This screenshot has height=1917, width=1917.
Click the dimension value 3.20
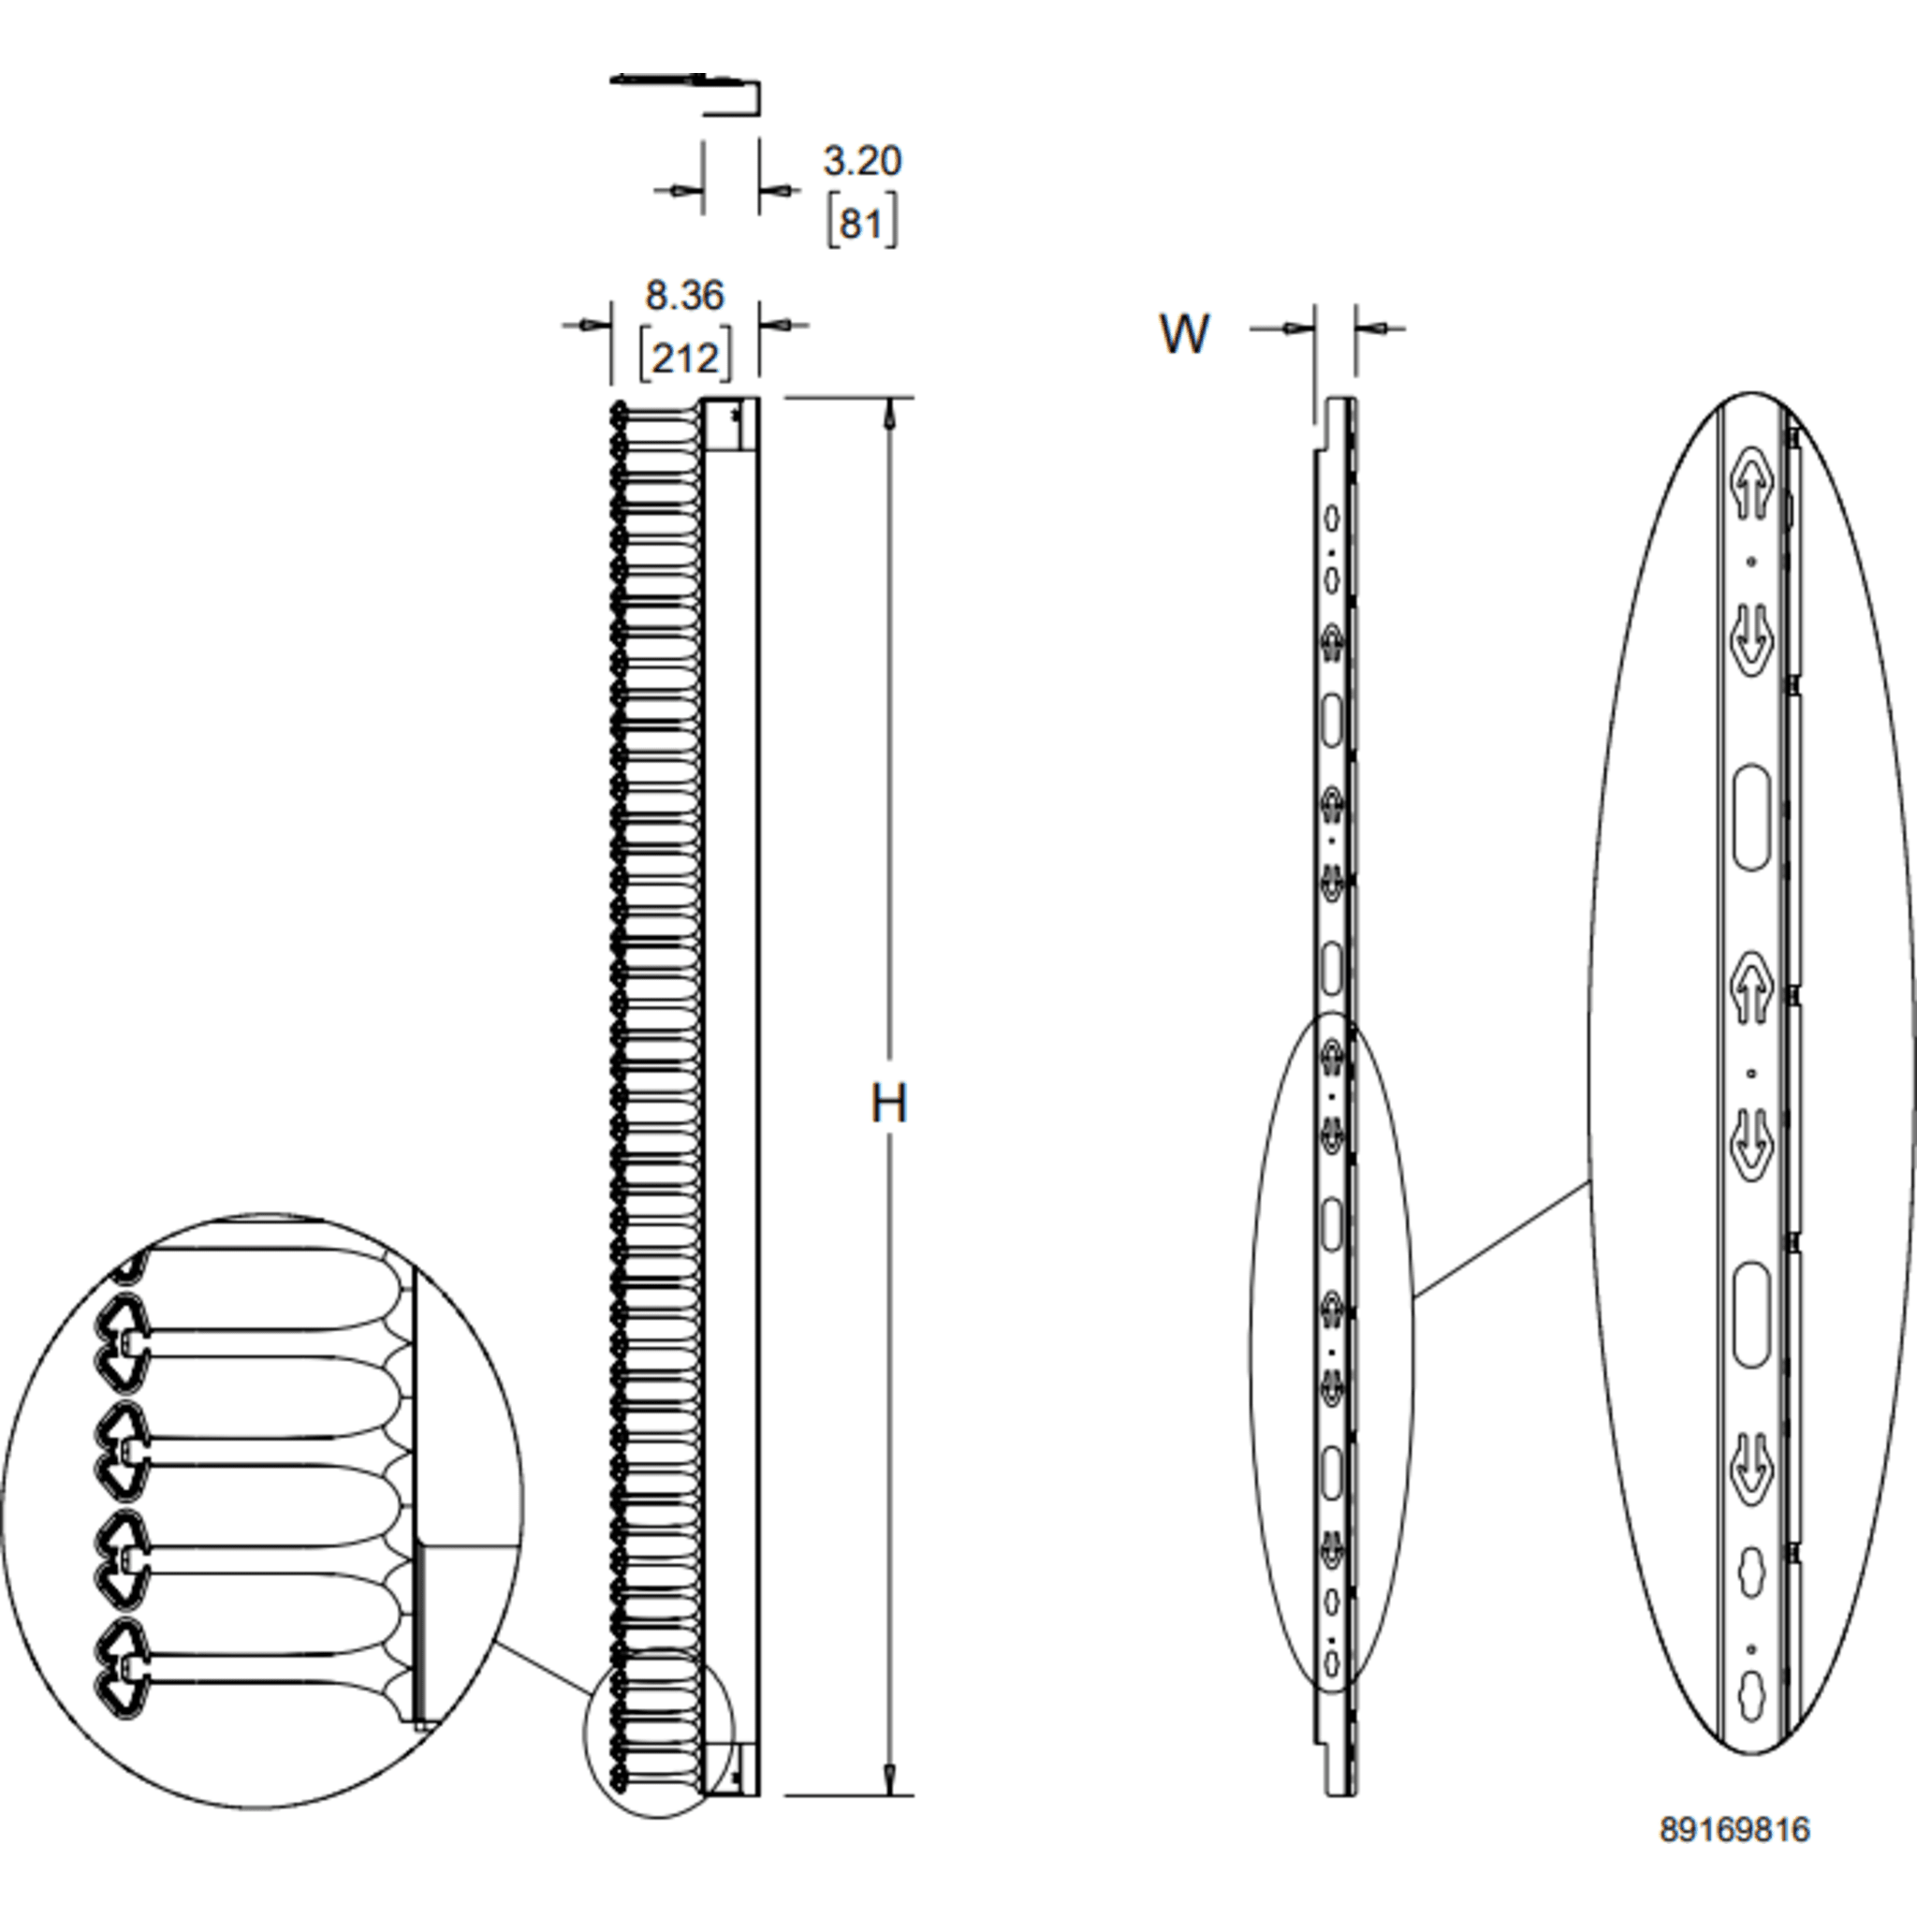pyautogui.click(x=861, y=161)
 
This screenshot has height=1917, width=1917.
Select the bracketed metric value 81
pyautogui.click(x=861, y=222)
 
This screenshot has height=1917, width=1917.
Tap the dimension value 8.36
pyautogui.click(x=684, y=295)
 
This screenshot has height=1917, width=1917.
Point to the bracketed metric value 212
pyautogui.click(x=684, y=355)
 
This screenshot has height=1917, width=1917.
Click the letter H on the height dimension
pyautogui.click(x=888, y=1103)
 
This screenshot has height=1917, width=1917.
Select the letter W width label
pyautogui.click(x=1184, y=334)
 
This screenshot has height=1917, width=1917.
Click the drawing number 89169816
pyautogui.click(x=1734, y=1829)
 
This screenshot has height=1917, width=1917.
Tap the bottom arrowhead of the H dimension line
pyautogui.click(x=889, y=1779)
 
